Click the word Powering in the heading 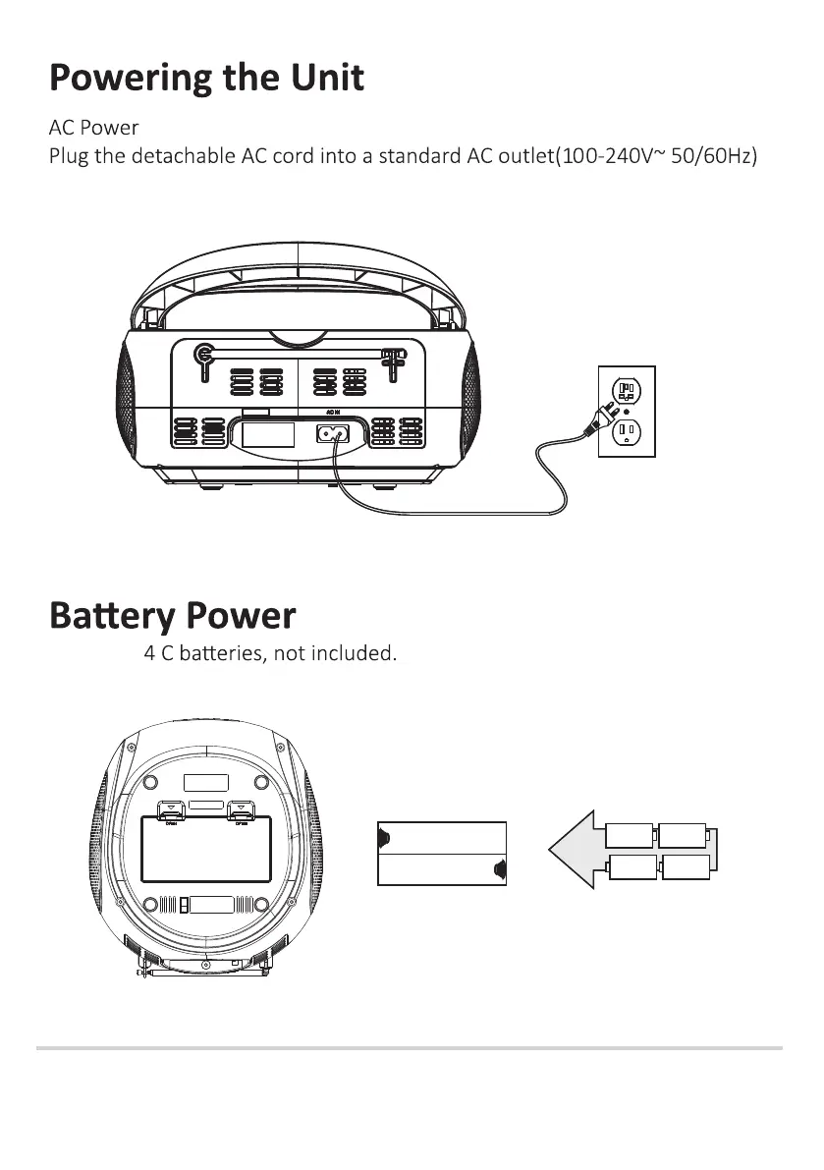[x=131, y=78]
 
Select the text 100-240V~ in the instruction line [x=605, y=156]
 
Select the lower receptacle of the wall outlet [x=627, y=432]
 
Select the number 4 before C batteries [x=149, y=652]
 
